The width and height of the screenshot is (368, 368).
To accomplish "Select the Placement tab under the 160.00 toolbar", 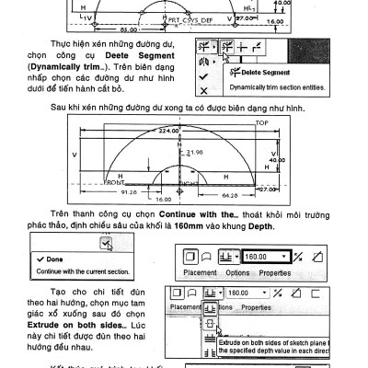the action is (200, 273).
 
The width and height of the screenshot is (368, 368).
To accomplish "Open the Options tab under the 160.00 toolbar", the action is (237, 273).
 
